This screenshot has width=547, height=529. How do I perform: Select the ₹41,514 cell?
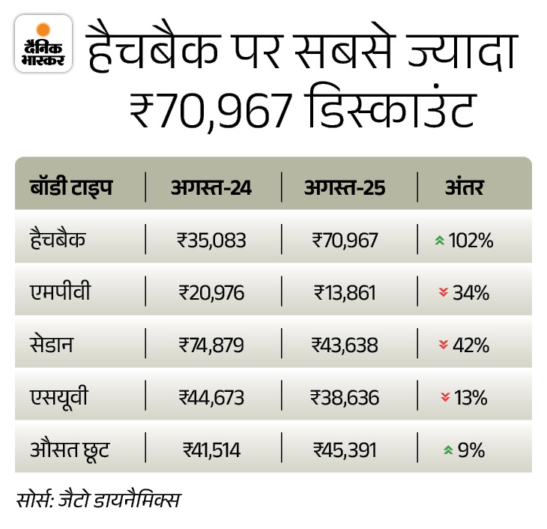coord(212,450)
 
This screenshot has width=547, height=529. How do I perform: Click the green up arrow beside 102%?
coord(440,241)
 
